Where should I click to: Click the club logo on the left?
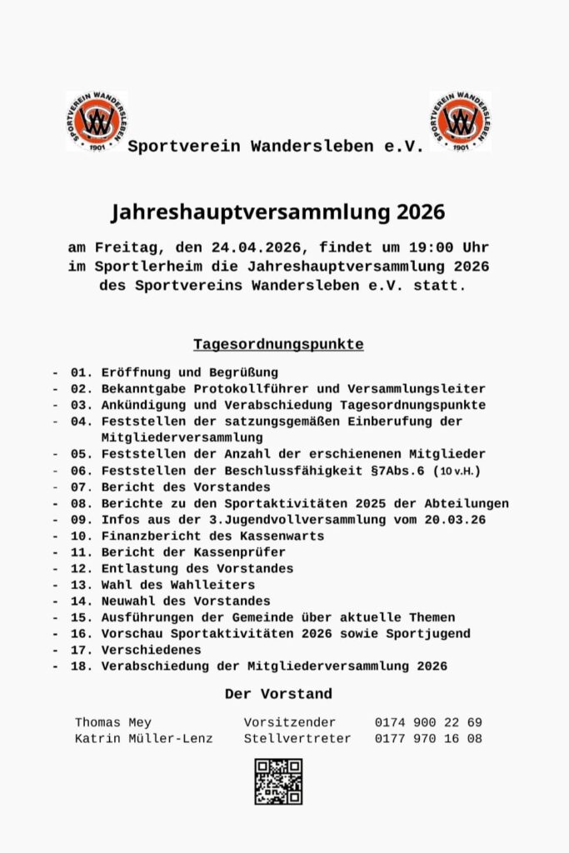coord(96,121)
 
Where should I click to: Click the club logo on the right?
coord(460,121)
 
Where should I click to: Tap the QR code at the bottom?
coord(278,781)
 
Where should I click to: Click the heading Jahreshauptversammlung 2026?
coord(278,212)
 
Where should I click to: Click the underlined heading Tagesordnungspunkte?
coord(278,344)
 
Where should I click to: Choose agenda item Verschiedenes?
coord(149,650)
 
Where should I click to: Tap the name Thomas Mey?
coord(113,722)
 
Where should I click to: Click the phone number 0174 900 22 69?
coord(428,722)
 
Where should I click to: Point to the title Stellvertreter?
coord(297,738)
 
